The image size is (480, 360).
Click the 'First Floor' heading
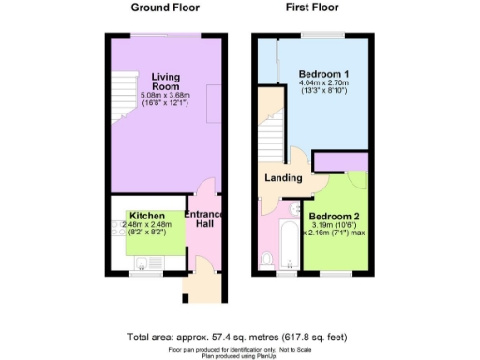coord(311,7)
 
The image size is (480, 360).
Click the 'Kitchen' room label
coord(147,215)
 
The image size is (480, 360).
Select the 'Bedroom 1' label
coord(324,73)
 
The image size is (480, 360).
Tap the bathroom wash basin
coord(294,208)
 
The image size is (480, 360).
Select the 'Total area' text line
coord(239,335)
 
